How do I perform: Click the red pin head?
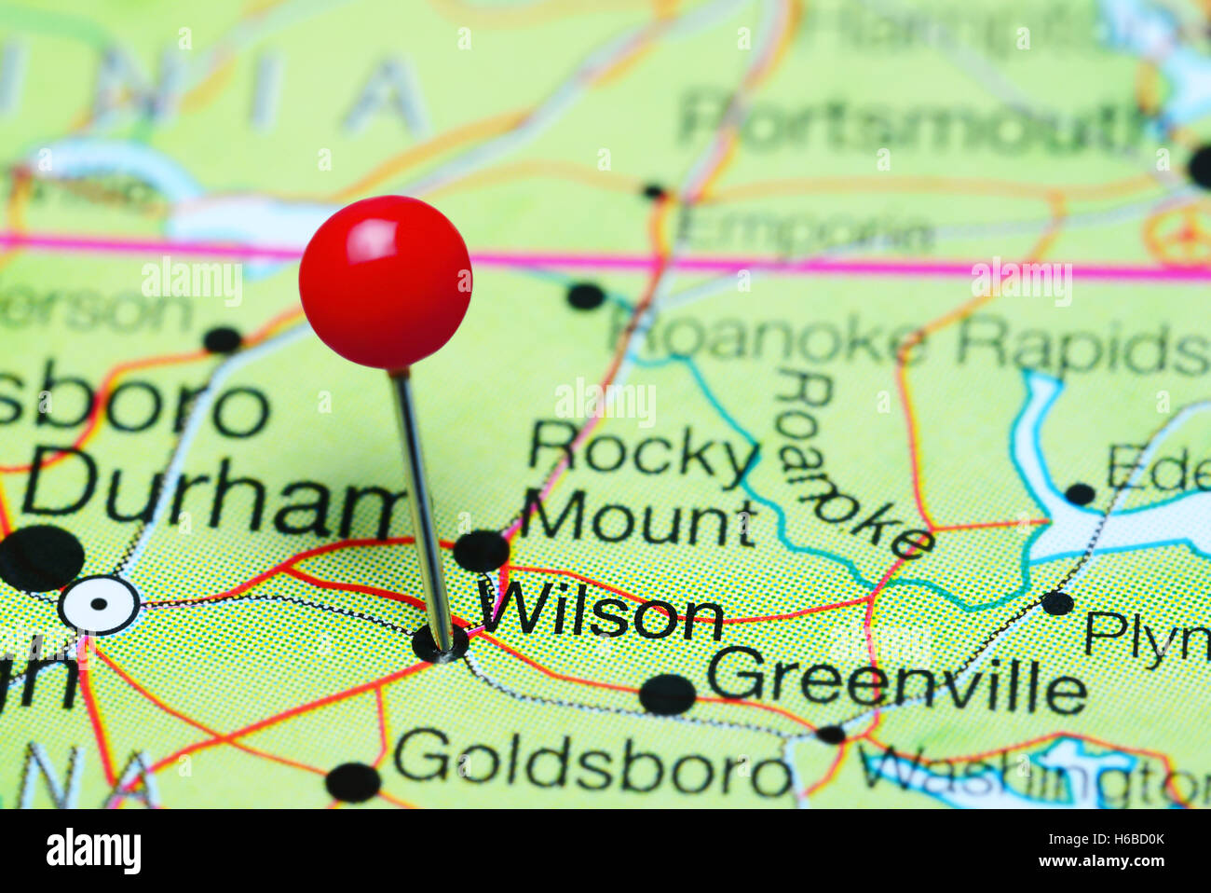click(x=385, y=282)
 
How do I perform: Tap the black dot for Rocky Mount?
click(x=481, y=550)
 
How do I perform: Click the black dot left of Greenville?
click(x=667, y=694)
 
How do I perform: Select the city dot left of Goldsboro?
click(x=353, y=782)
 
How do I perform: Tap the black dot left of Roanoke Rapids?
click(x=585, y=296)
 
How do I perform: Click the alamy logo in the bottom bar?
click(x=93, y=851)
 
